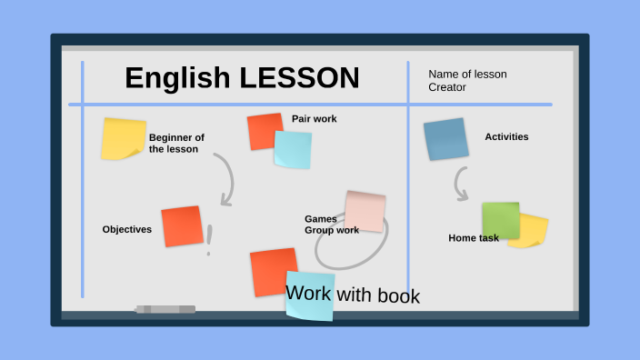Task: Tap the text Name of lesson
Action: pos(467,75)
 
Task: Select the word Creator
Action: pos(447,88)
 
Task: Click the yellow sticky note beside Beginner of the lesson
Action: pos(123,138)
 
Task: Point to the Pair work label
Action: pos(314,119)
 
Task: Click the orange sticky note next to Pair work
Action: pos(263,130)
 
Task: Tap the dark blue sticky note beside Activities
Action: pos(446,139)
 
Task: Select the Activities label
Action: pos(506,137)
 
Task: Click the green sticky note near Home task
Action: pos(500,220)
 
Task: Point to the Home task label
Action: pos(474,238)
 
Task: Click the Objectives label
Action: pos(127,229)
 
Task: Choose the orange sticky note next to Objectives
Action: pos(182,226)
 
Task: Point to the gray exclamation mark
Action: pos(209,240)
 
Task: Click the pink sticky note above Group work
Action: pos(365,211)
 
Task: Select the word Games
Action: pos(320,219)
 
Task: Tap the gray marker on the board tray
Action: pos(165,309)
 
